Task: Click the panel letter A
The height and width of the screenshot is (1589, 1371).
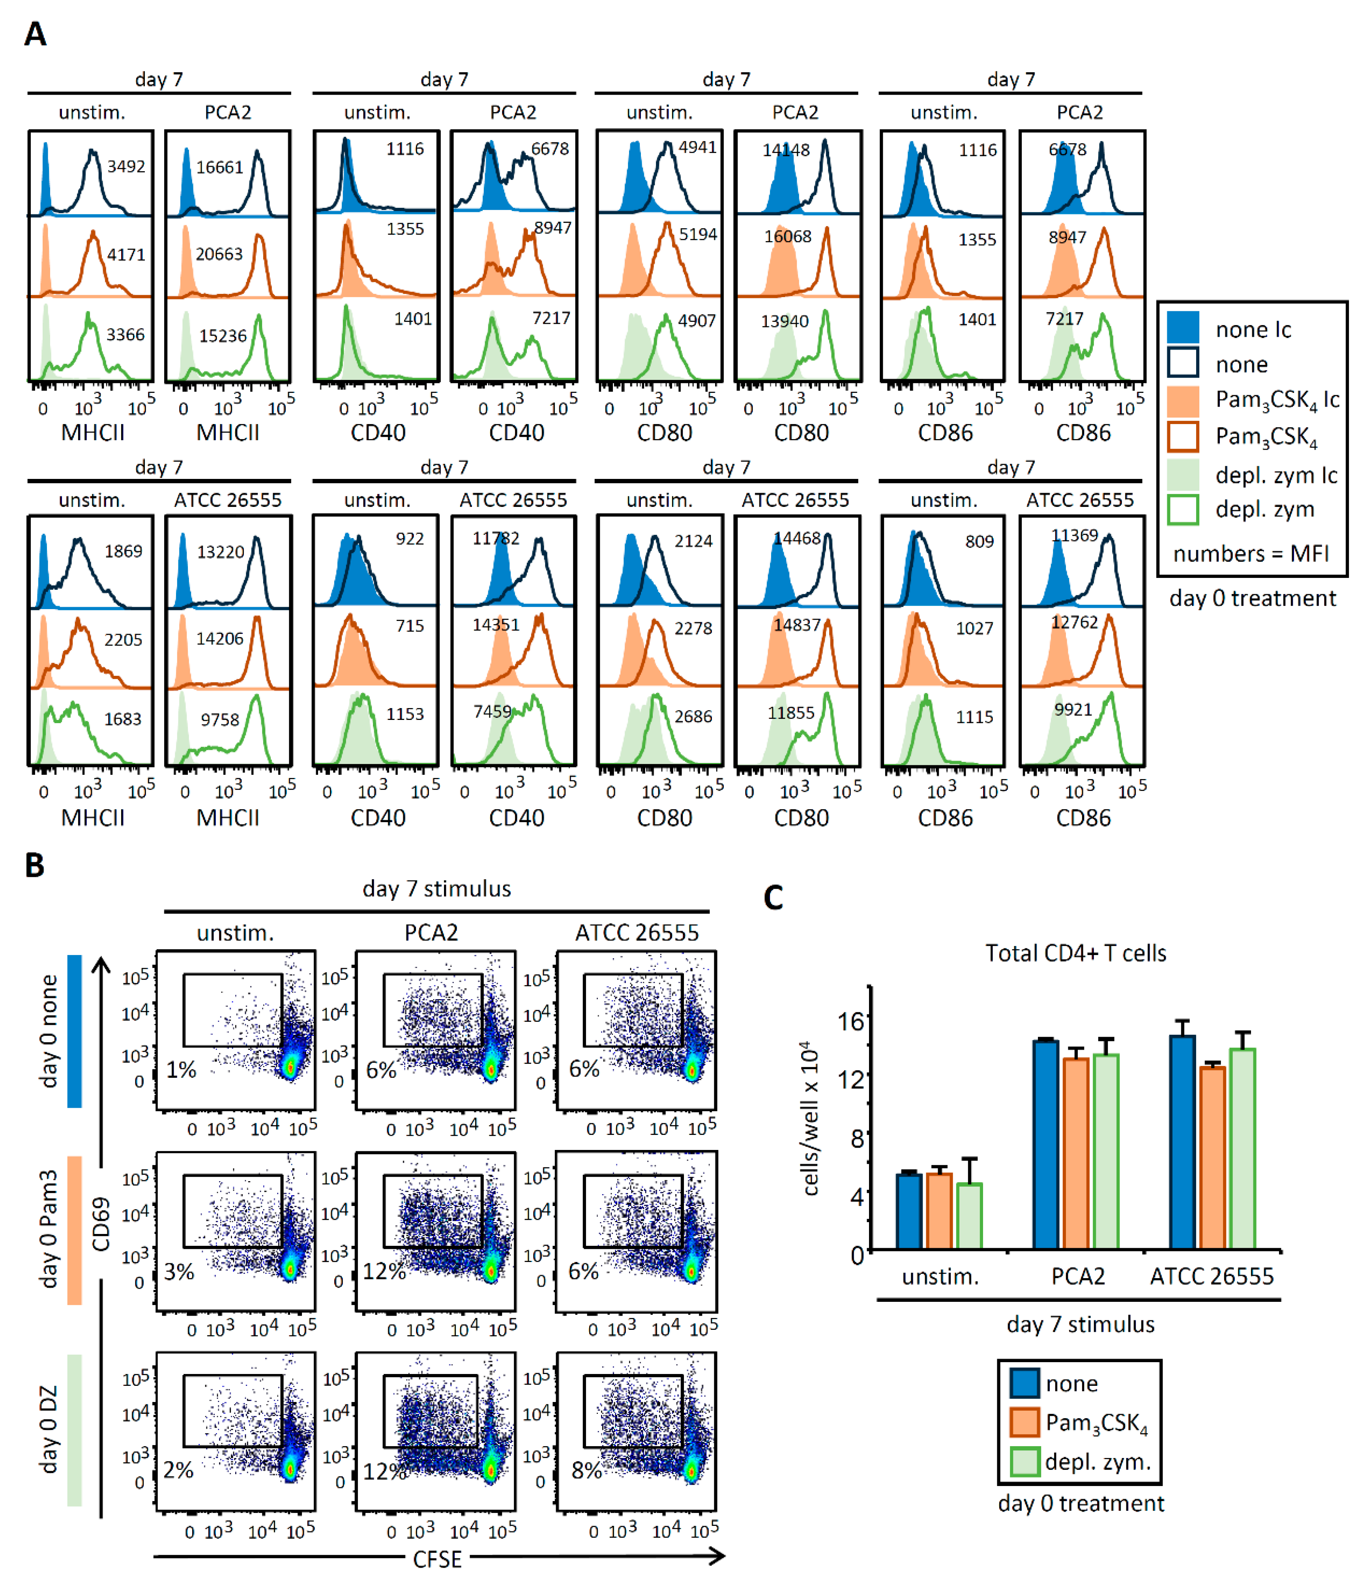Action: (35, 34)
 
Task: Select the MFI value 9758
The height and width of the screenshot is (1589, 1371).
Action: (220, 719)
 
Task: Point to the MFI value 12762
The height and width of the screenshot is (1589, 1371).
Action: (1074, 622)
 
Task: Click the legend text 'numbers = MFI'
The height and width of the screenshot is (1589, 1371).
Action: (1251, 554)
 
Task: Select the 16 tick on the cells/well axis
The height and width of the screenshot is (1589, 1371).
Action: (852, 1021)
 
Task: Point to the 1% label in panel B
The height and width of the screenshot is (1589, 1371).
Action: (182, 1070)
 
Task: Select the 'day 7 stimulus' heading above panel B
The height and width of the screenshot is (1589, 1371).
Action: (436, 889)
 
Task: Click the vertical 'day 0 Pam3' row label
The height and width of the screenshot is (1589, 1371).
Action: (48, 1229)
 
